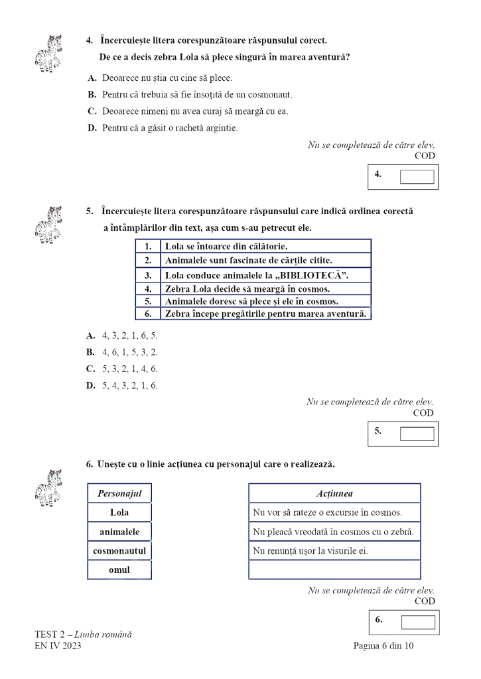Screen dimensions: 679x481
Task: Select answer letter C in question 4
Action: click(92, 111)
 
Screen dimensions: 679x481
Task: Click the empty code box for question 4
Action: click(417, 176)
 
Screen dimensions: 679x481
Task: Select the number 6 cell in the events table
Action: click(148, 313)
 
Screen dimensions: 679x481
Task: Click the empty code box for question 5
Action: click(417, 433)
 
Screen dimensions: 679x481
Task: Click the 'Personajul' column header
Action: click(119, 493)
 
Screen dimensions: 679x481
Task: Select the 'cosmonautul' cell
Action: click(119, 550)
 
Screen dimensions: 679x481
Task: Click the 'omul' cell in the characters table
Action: click(119, 570)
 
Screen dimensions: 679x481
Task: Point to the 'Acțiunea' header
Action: click(334, 493)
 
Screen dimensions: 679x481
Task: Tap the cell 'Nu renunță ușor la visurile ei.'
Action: click(334, 550)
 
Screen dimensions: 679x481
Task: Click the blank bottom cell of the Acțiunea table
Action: click(334, 570)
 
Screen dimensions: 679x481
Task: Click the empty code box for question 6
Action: click(418, 622)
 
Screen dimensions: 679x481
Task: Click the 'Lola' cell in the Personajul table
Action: click(119, 513)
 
